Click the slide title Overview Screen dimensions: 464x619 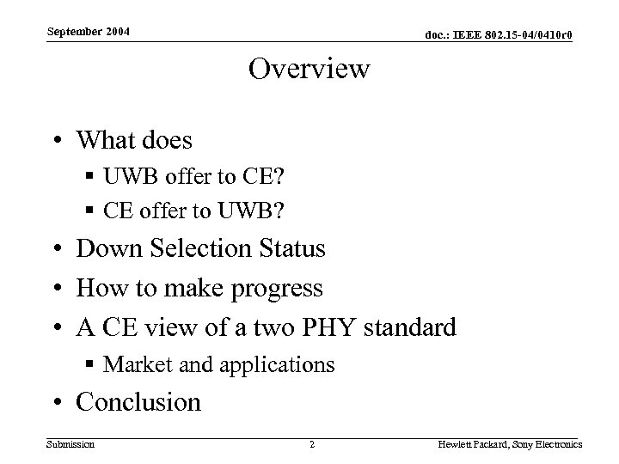coord(309,69)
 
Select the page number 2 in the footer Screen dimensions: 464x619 coord(311,444)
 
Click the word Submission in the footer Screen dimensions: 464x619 coord(70,444)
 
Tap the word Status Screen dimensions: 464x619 coord(293,249)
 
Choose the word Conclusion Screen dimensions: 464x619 coord(138,402)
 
